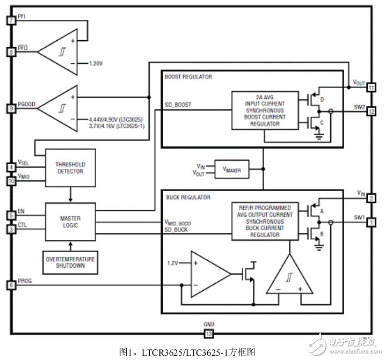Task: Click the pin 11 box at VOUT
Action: [371, 87]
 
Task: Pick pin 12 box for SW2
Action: [371, 112]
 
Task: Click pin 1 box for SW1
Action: [371, 221]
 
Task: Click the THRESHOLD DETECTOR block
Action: [70, 168]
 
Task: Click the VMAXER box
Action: [231, 170]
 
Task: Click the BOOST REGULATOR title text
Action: [188, 77]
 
